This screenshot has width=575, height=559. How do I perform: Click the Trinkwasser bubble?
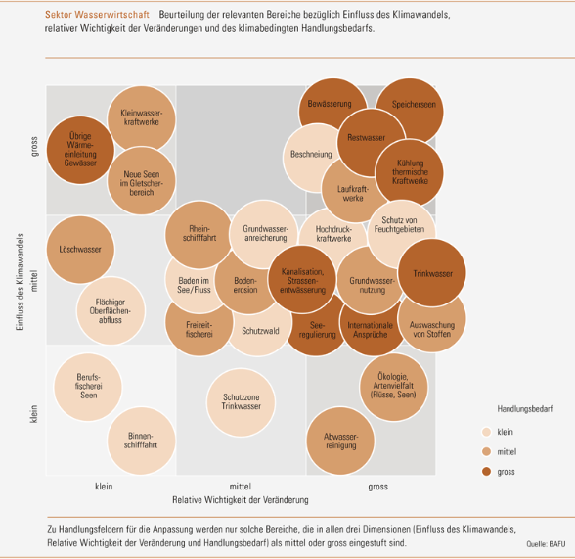tap(432, 273)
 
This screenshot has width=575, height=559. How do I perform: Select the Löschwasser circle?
tap(80, 250)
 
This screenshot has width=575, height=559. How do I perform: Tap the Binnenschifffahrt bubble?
tap(141, 441)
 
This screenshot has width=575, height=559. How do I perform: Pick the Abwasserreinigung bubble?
tap(340, 441)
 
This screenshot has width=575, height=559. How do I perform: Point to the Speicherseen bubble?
tap(410, 112)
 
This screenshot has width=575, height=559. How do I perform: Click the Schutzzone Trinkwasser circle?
tap(241, 402)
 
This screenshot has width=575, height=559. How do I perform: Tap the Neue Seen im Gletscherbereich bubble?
tap(141, 180)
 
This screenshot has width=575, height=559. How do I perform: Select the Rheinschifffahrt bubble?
tap(199, 235)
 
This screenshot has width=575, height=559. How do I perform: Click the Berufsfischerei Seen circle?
tap(88, 387)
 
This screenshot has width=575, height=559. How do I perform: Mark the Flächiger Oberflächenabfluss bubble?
tap(111, 310)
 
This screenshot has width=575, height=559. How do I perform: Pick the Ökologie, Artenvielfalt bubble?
tap(393, 387)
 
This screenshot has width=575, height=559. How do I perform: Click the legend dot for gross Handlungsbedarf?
tap(487, 471)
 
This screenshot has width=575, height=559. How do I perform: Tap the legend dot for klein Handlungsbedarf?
tap(487, 432)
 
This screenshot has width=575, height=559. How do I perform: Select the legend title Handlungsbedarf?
tap(525, 409)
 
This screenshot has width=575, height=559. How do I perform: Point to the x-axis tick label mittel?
tap(241, 487)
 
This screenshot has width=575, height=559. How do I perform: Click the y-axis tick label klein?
tap(33, 414)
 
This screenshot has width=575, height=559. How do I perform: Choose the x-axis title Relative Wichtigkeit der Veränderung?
tap(241, 500)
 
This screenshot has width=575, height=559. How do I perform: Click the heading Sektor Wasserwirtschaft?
tap(97, 15)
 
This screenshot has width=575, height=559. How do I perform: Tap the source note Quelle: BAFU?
tap(546, 544)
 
